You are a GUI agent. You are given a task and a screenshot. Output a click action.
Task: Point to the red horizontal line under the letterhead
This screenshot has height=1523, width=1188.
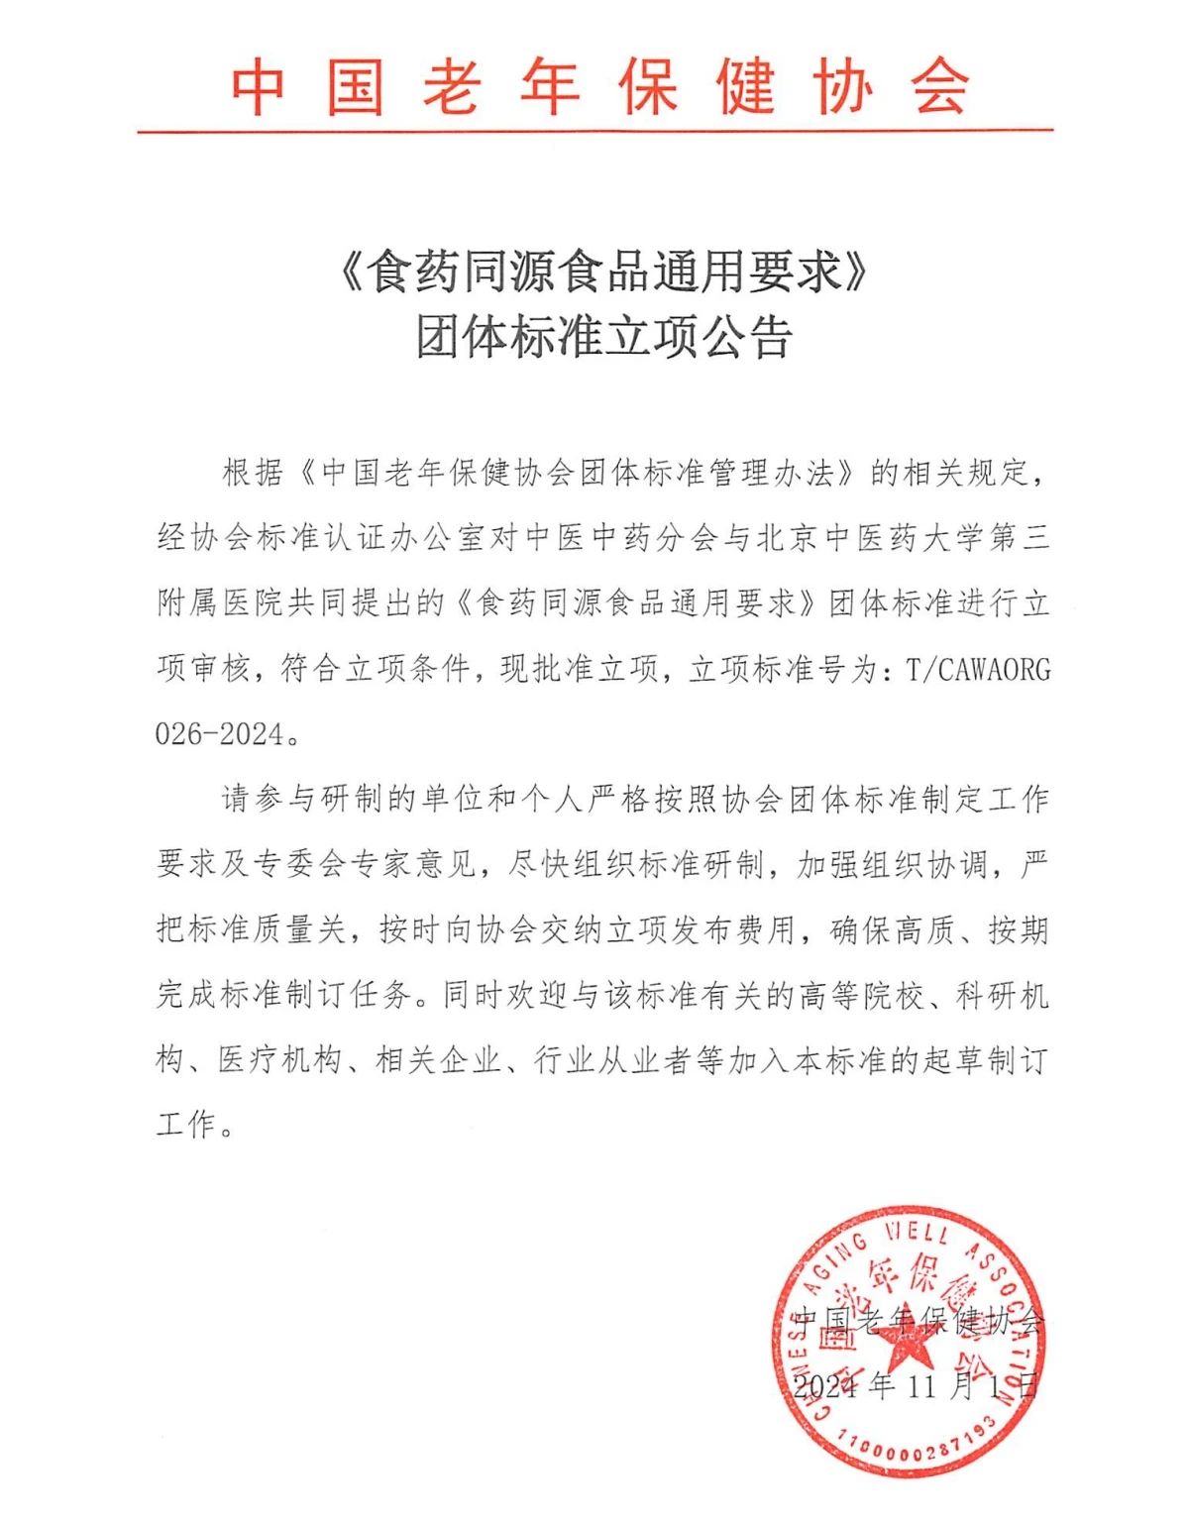(594, 130)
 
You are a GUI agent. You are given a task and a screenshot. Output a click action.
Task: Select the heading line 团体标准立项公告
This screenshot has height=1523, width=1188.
(602, 338)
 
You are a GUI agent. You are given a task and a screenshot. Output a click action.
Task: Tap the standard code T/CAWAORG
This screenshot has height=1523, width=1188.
(977, 670)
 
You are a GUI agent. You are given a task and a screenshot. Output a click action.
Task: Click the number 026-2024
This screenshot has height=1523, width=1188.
(219, 734)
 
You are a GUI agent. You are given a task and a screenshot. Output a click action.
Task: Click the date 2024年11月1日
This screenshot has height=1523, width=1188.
(914, 1384)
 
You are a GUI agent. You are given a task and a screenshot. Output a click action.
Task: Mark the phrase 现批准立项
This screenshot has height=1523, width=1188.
(579, 670)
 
